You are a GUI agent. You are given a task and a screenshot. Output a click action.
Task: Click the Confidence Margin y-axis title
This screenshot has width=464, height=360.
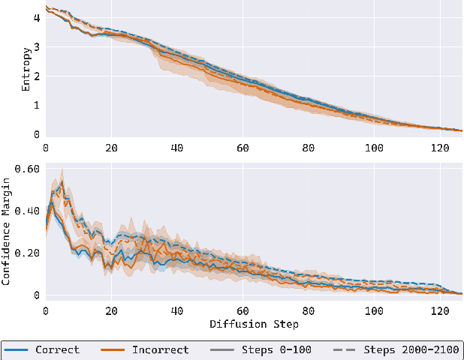click(x=7, y=233)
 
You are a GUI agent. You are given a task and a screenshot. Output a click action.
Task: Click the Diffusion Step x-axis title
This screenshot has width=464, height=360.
click(x=255, y=324)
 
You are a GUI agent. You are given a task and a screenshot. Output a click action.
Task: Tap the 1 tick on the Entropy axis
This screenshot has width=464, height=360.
click(x=36, y=106)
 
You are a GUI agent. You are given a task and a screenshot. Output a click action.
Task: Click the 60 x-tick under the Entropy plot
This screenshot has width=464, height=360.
click(x=243, y=148)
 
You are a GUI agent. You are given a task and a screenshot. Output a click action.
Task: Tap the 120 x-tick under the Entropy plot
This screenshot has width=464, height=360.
click(x=441, y=148)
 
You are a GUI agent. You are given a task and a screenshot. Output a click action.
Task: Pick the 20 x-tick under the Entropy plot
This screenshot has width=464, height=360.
click(x=111, y=148)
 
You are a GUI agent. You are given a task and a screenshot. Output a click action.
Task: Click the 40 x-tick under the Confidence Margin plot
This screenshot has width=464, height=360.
click(x=177, y=310)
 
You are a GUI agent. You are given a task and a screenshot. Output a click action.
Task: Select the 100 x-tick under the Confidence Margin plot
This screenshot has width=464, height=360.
click(x=375, y=310)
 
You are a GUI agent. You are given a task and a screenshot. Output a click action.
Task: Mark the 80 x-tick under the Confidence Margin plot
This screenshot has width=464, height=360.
click(x=309, y=310)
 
